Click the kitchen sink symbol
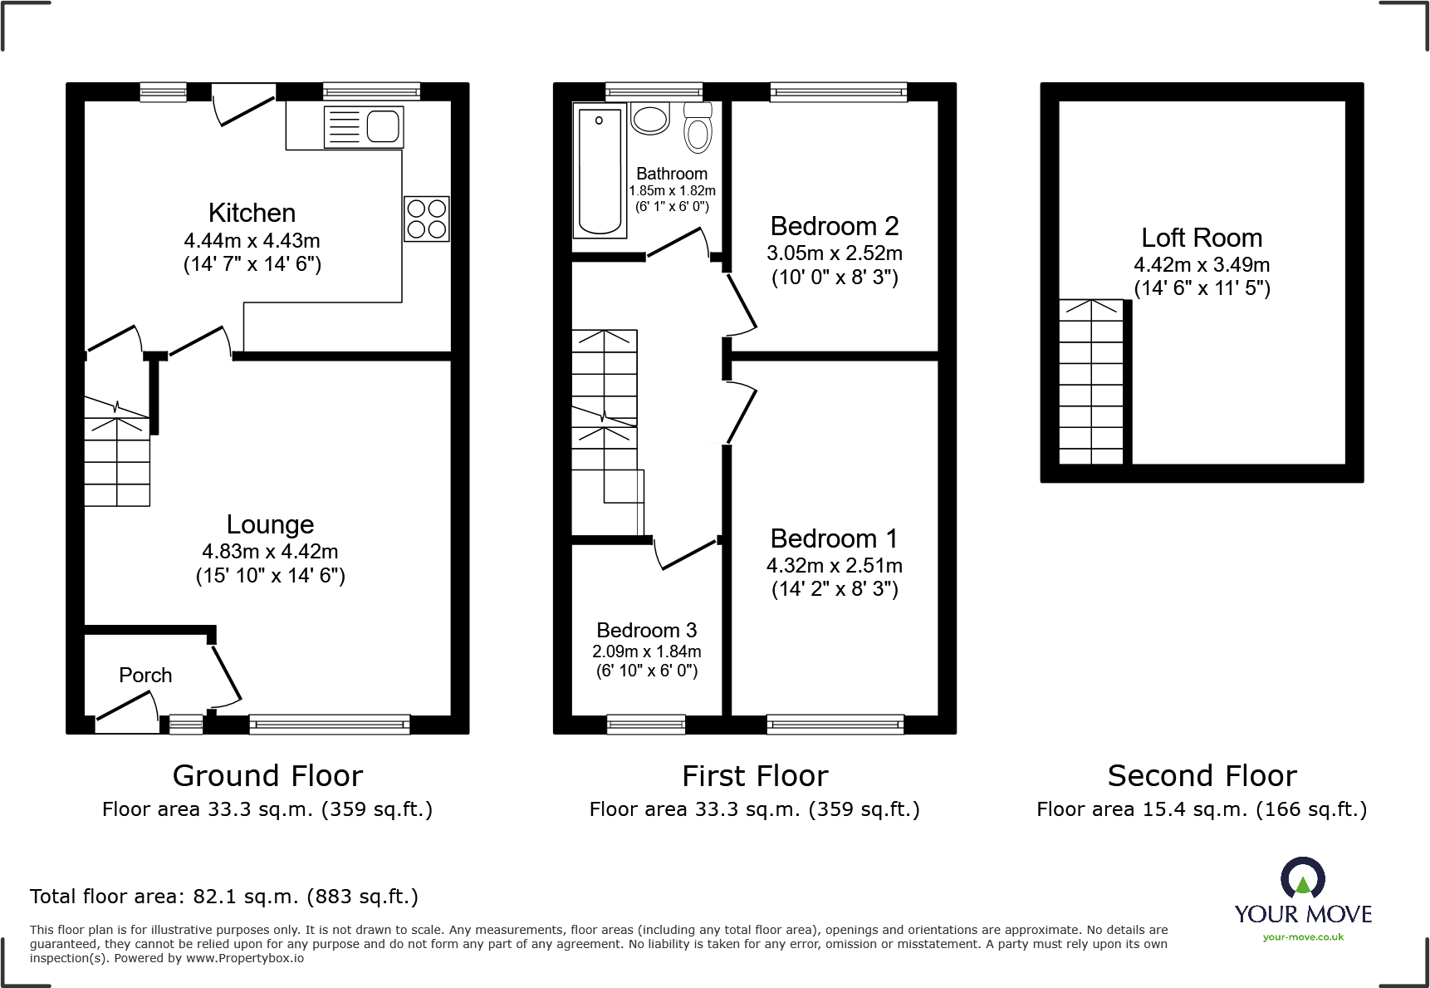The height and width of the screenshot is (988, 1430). pyautogui.click(x=364, y=127)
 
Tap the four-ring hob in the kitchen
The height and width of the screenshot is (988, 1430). pyautogui.click(x=427, y=219)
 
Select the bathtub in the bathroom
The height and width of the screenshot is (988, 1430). pyautogui.click(x=599, y=170)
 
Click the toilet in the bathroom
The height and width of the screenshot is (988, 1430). pyautogui.click(x=698, y=130)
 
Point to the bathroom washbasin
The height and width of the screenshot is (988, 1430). pyautogui.click(x=650, y=118)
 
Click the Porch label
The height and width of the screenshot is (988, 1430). pyautogui.click(x=145, y=675)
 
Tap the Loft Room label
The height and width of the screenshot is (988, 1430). pyautogui.click(x=1201, y=238)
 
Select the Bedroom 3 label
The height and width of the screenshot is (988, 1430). pyautogui.click(x=646, y=630)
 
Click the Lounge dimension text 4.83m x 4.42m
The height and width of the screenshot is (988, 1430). pyautogui.click(x=270, y=551)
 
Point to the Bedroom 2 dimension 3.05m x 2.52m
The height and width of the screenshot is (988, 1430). pyautogui.click(x=834, y=253)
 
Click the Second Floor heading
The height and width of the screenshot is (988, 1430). pyautogui.click(x=1201, y=775)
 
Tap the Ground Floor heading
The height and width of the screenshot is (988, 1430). pyautogui.click(x=267, y=775)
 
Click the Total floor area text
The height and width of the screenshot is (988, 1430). pyautogui.click(x=224, y=896)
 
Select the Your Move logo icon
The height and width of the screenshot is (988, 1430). pyautogui.click(x=1302, y=878)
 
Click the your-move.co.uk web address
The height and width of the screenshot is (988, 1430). pyautogui.click(x=1302, y=937)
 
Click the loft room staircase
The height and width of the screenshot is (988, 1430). pyautogui.click(x=1090, y=382)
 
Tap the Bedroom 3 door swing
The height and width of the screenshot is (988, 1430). pyautogui.click(x=686, y=554)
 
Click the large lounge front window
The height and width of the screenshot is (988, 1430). pyautogui.click(x=329, y=725)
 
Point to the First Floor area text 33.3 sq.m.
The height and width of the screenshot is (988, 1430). pyautogui.click(x=754, y=809)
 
